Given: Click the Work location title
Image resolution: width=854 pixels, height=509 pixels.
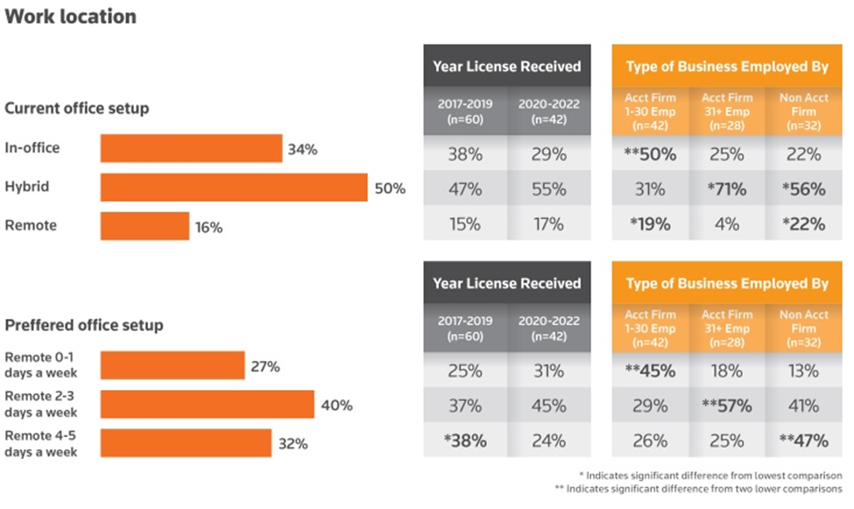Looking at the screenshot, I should point(71,17).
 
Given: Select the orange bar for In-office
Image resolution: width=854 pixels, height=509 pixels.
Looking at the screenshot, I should point(191,149).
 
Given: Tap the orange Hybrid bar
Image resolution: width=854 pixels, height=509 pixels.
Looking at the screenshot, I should point(234,187).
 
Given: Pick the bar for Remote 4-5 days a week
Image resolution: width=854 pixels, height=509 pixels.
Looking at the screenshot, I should point(186,443).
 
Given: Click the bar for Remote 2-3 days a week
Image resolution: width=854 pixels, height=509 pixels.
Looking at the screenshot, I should point(207,405).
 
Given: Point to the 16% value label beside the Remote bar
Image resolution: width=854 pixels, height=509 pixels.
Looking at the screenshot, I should point(208,227).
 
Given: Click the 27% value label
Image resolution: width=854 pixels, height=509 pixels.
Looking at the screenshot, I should point(265,366).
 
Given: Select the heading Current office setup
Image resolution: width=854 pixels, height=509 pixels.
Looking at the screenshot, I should point(77,109).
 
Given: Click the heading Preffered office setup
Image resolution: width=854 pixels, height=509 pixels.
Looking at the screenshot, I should point(84,325).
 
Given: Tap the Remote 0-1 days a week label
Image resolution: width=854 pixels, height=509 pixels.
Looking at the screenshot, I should point(41,365).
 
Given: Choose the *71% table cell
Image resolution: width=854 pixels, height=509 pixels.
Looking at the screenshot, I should point(726,189).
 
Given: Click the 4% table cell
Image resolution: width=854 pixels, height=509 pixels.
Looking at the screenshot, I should point(726,223).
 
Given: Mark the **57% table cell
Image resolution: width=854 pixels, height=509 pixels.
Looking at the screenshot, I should point(726,406).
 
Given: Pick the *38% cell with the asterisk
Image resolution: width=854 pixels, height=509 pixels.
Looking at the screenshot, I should point(465,440).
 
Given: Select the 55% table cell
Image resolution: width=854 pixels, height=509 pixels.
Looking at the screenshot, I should point(549,189).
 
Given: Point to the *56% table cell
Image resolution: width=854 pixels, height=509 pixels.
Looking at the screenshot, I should point(802,189).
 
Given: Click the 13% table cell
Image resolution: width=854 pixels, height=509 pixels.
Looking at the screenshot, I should point(802,371).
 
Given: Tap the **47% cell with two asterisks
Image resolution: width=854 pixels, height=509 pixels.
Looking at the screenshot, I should point(802,440).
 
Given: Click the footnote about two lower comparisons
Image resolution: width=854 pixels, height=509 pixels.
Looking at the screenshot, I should point(704,488).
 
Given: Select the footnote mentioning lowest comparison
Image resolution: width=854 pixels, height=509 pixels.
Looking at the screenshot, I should point(714,475).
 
